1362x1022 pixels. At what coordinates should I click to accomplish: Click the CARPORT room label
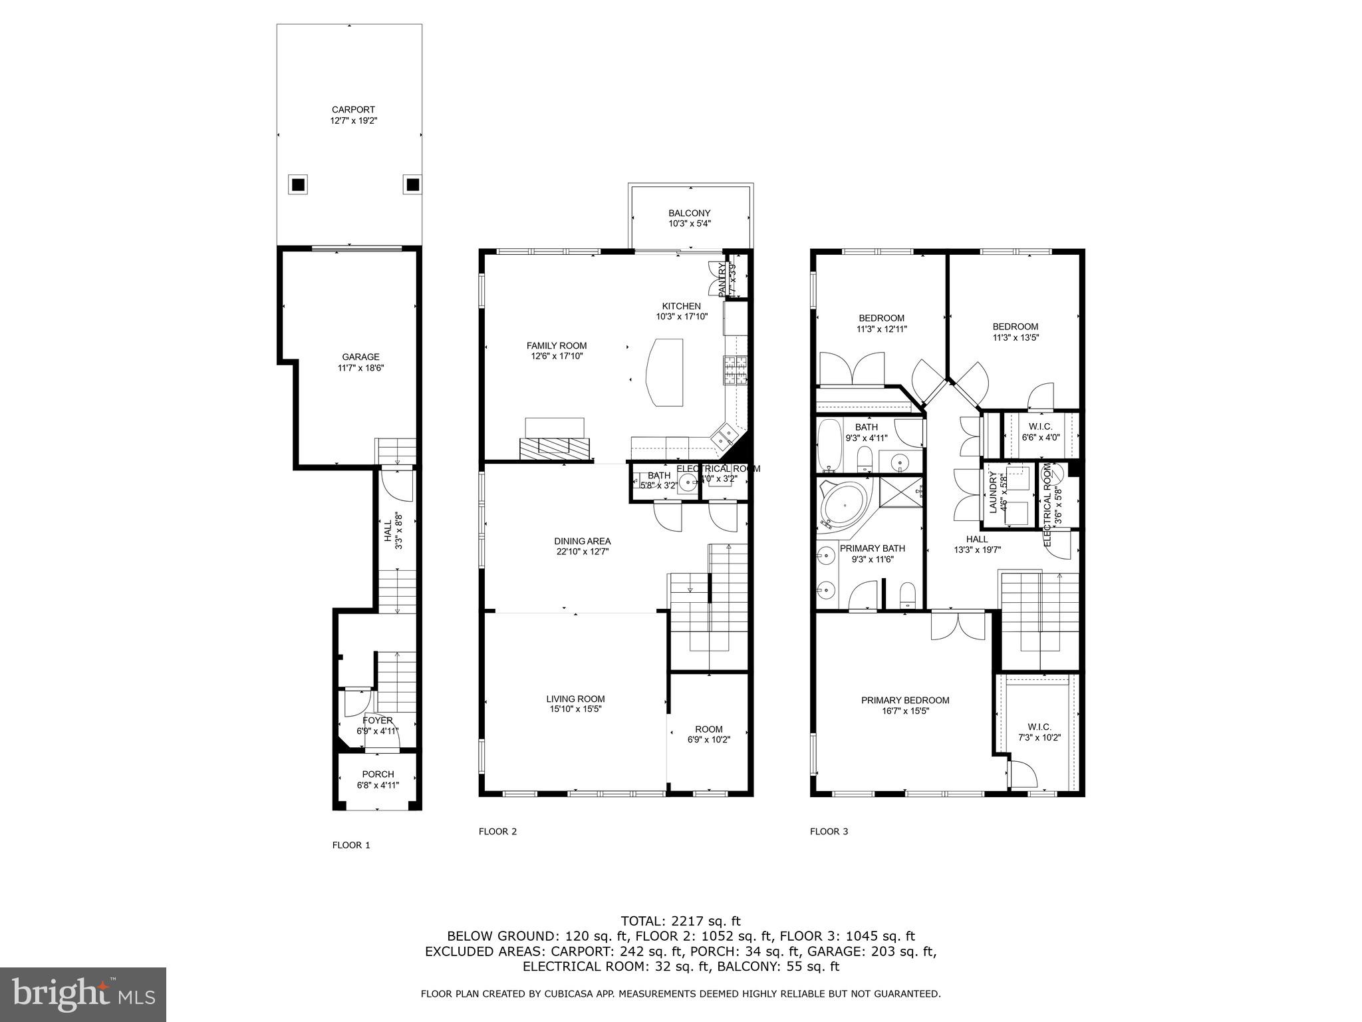353,110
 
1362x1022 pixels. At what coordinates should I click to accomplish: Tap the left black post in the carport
298,184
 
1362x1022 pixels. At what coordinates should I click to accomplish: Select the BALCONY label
689,213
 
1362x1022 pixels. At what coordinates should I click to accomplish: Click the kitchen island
665,372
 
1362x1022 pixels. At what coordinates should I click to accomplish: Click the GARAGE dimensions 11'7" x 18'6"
360,367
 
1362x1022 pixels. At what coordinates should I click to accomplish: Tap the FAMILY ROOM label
557,345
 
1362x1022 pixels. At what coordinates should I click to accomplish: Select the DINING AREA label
583,541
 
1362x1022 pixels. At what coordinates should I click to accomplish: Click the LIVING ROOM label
575,699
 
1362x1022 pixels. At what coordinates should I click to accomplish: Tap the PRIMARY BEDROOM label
904,700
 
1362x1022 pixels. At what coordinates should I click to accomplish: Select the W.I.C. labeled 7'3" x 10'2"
1039,732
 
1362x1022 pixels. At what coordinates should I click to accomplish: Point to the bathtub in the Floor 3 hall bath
829,444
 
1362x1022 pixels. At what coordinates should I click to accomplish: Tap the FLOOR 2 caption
497,831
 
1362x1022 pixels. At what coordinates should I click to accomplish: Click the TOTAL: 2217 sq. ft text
680,921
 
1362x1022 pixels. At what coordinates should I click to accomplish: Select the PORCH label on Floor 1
378,774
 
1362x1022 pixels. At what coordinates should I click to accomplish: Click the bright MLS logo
83,994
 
